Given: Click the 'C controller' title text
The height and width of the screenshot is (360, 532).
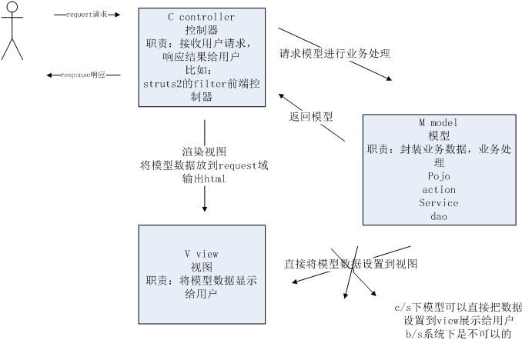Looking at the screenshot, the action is click(x=201, y=17).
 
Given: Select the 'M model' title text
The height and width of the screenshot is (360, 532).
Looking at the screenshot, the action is click(x=438, y=122).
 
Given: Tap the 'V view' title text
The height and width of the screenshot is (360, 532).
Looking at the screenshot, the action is click(x=201, y=254).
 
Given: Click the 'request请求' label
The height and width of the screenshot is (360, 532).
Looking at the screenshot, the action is click(x=87, y=14).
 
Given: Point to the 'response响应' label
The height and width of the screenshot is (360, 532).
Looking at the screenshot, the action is click(x=83, y=75).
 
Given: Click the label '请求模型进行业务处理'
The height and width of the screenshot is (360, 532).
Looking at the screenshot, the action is click(x=335, y=54).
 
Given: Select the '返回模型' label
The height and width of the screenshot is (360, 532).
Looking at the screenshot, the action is click(x=311, y=117).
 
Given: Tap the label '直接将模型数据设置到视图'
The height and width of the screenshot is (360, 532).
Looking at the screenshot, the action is click(x=351, y=264).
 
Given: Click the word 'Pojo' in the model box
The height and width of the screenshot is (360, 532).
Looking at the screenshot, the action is click(x=438, y=176).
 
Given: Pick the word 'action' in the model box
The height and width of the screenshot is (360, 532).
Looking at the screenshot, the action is click(x=438, y=189).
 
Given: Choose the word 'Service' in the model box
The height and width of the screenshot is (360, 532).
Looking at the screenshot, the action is click(x=438, y=203).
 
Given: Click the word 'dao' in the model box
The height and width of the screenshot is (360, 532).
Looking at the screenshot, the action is click(x=438, y=216).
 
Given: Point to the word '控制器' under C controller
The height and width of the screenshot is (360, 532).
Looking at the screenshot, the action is click(x=201, y=30).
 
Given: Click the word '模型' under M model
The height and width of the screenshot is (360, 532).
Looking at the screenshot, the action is click(x=438, y=135).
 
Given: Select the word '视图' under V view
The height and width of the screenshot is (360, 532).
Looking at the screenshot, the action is click(x=201, y=267).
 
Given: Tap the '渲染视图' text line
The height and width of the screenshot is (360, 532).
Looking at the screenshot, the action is click(x=204, y=152).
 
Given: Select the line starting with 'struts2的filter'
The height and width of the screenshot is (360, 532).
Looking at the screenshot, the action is click(x=201, y=84).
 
